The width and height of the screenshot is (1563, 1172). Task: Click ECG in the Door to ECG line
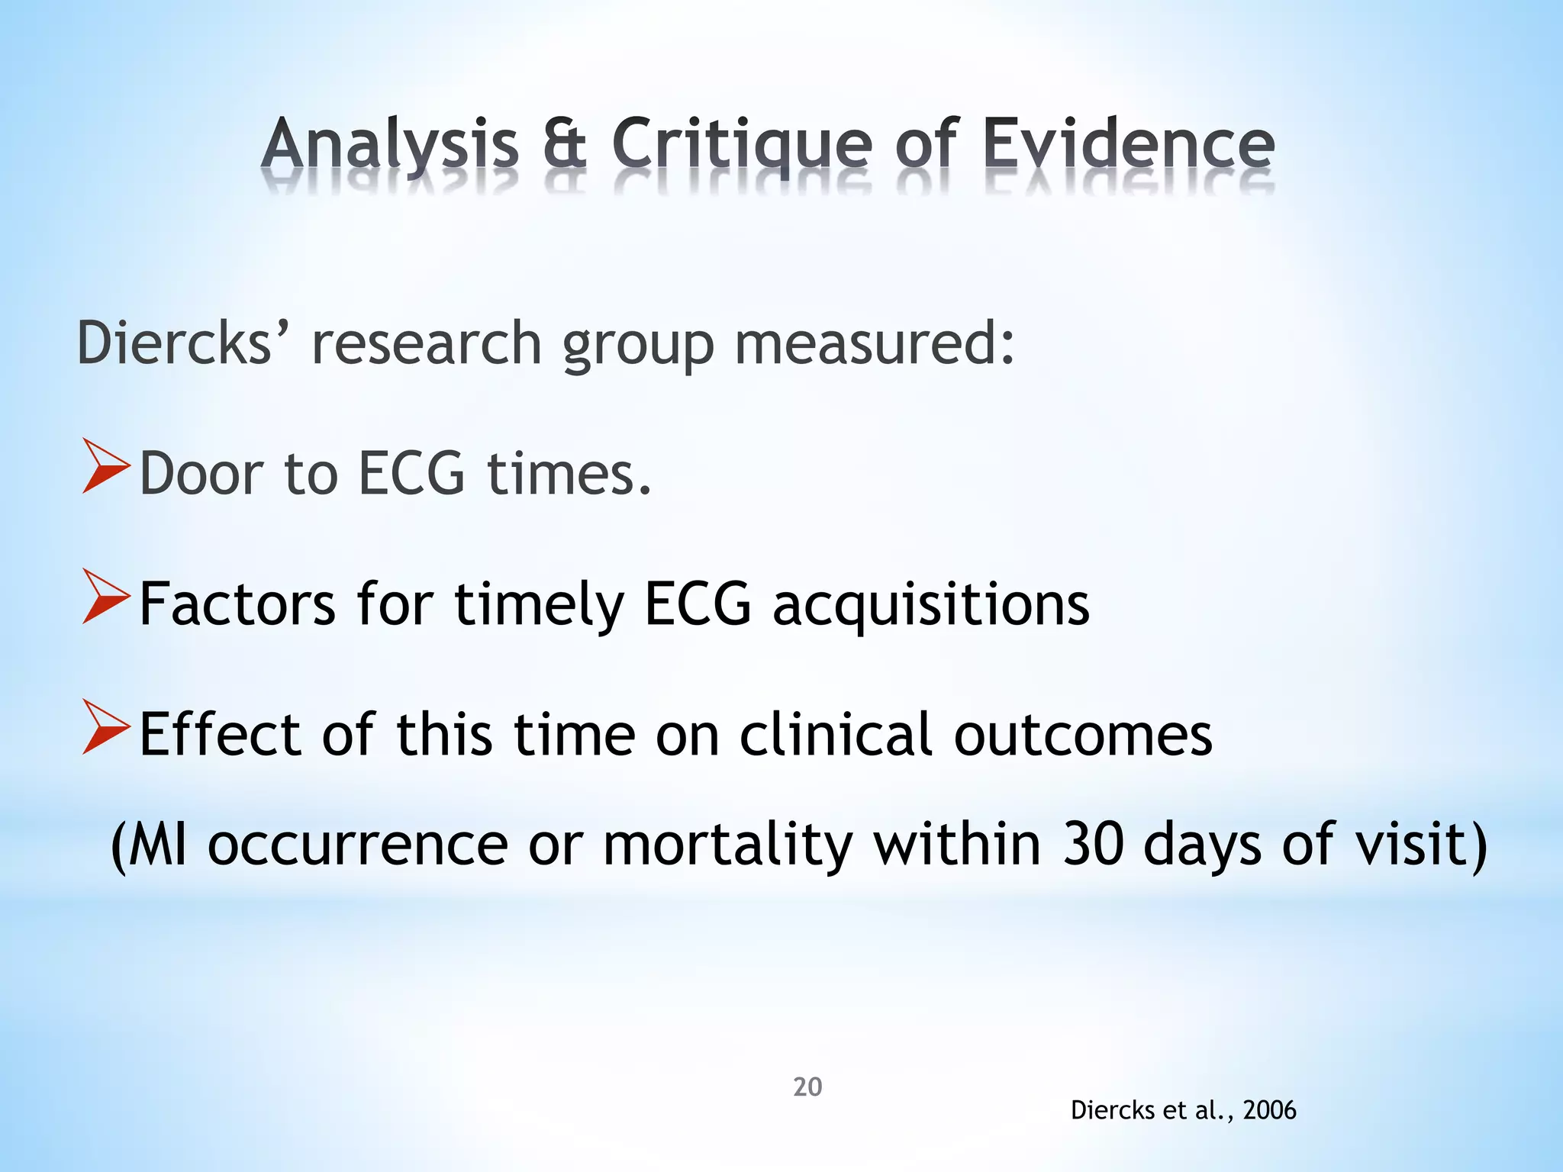411,474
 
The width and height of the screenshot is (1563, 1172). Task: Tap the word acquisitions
930,604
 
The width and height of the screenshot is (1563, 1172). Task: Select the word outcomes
1083,735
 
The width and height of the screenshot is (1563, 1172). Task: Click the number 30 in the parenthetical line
1094,845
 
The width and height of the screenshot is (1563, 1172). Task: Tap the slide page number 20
807,1087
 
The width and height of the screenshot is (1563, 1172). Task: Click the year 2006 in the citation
1269,1110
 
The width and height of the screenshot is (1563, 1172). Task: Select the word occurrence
358,845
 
